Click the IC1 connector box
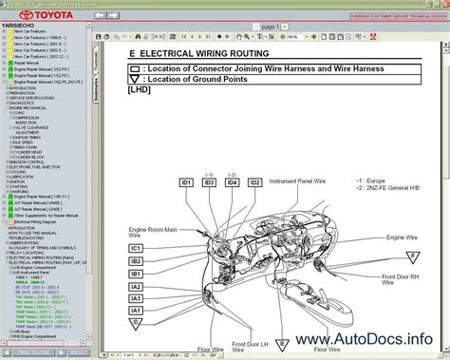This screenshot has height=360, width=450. click(x=136, y=249)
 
